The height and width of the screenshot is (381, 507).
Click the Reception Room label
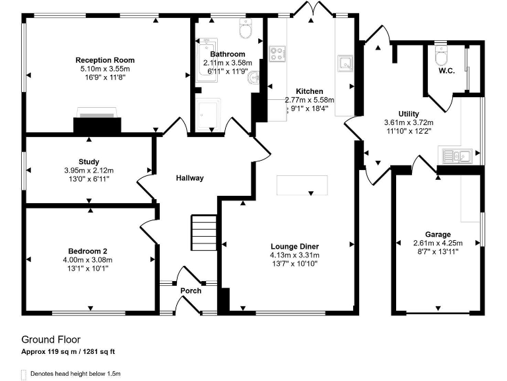coord(104,60)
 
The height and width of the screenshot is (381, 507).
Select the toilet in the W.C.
coord(442,52)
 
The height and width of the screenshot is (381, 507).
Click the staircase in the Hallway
coord(200,232)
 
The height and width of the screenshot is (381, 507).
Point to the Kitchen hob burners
coord(277,53)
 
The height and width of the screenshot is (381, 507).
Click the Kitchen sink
coord(344,63)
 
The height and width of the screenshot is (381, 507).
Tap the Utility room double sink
coord(456,156)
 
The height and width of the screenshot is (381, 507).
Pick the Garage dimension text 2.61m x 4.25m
coord(438,243)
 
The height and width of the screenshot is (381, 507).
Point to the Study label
coord(88,161)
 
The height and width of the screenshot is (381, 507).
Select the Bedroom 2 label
coord(87,251)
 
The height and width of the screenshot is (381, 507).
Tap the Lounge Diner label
coord(294,246)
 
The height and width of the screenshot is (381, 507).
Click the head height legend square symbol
coord(24,374)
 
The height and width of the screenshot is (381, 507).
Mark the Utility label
coord(409,114)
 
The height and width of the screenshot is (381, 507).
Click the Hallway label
coord(189,178)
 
